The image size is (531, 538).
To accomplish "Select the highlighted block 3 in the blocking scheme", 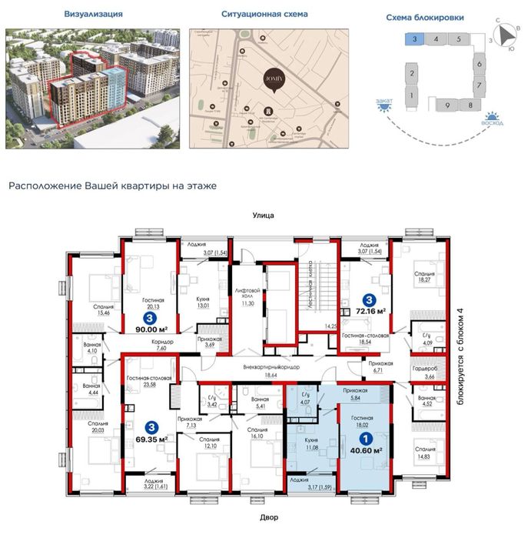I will click(x=414, y=38).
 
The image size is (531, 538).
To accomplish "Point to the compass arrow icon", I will click(x=505, y=34).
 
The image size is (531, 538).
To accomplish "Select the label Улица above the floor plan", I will click(x=263, y=216).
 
